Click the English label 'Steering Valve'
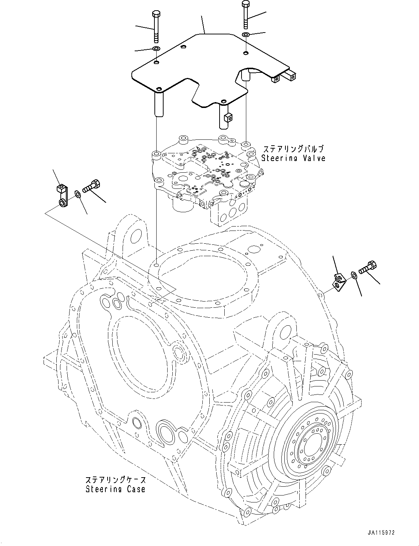[293, 158]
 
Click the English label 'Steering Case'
[115, 489]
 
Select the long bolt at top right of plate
[246, 15]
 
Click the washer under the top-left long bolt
[156, 49]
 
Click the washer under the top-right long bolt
[246, 34]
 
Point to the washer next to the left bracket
[78, 193]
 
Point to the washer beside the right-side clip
[354, 274]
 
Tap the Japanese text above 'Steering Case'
[115, 480]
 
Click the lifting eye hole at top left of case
[136, 234]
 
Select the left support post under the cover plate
[158, 104]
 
